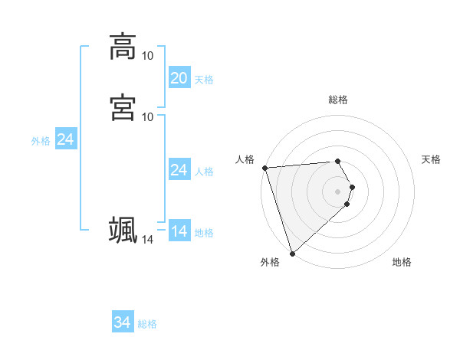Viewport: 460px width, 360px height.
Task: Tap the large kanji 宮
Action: click(x=123, y=106)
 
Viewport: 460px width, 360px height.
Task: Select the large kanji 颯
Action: click(x=123, y=230)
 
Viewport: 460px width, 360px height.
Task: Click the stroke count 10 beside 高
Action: click(x=147, y=55)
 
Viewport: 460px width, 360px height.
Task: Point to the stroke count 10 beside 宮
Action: click(x=147, y=116)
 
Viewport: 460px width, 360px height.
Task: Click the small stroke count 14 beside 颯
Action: click(x=147, y=240)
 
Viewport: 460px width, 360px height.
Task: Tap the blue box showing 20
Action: click(x=179, y=78)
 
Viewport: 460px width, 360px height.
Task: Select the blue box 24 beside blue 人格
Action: click(x=179, y=170)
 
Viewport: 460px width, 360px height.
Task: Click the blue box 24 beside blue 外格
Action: click(x=66, y=139)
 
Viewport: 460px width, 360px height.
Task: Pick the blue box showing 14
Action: click(x=179, y=231)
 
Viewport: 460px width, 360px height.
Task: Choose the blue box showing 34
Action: click(x=122, y=323)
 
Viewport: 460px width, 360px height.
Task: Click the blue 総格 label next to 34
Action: click(x=147, y=324)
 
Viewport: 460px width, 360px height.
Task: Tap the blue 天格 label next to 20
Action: click(x=204, y=80)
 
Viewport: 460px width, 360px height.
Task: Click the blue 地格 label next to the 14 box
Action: click(x=204, y=233)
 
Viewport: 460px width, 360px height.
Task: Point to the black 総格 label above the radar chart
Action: click(x=338, y=100)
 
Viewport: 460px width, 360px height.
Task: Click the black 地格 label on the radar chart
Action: click(x=402, y=263)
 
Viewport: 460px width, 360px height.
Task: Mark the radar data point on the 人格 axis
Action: click(x=264, y=168)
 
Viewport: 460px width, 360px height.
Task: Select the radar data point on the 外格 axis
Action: click(x=292, y=253)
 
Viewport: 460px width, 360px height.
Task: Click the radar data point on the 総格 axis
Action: click(x=338, y=161)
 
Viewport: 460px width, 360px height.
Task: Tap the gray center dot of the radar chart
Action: click(x=338, y=191)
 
